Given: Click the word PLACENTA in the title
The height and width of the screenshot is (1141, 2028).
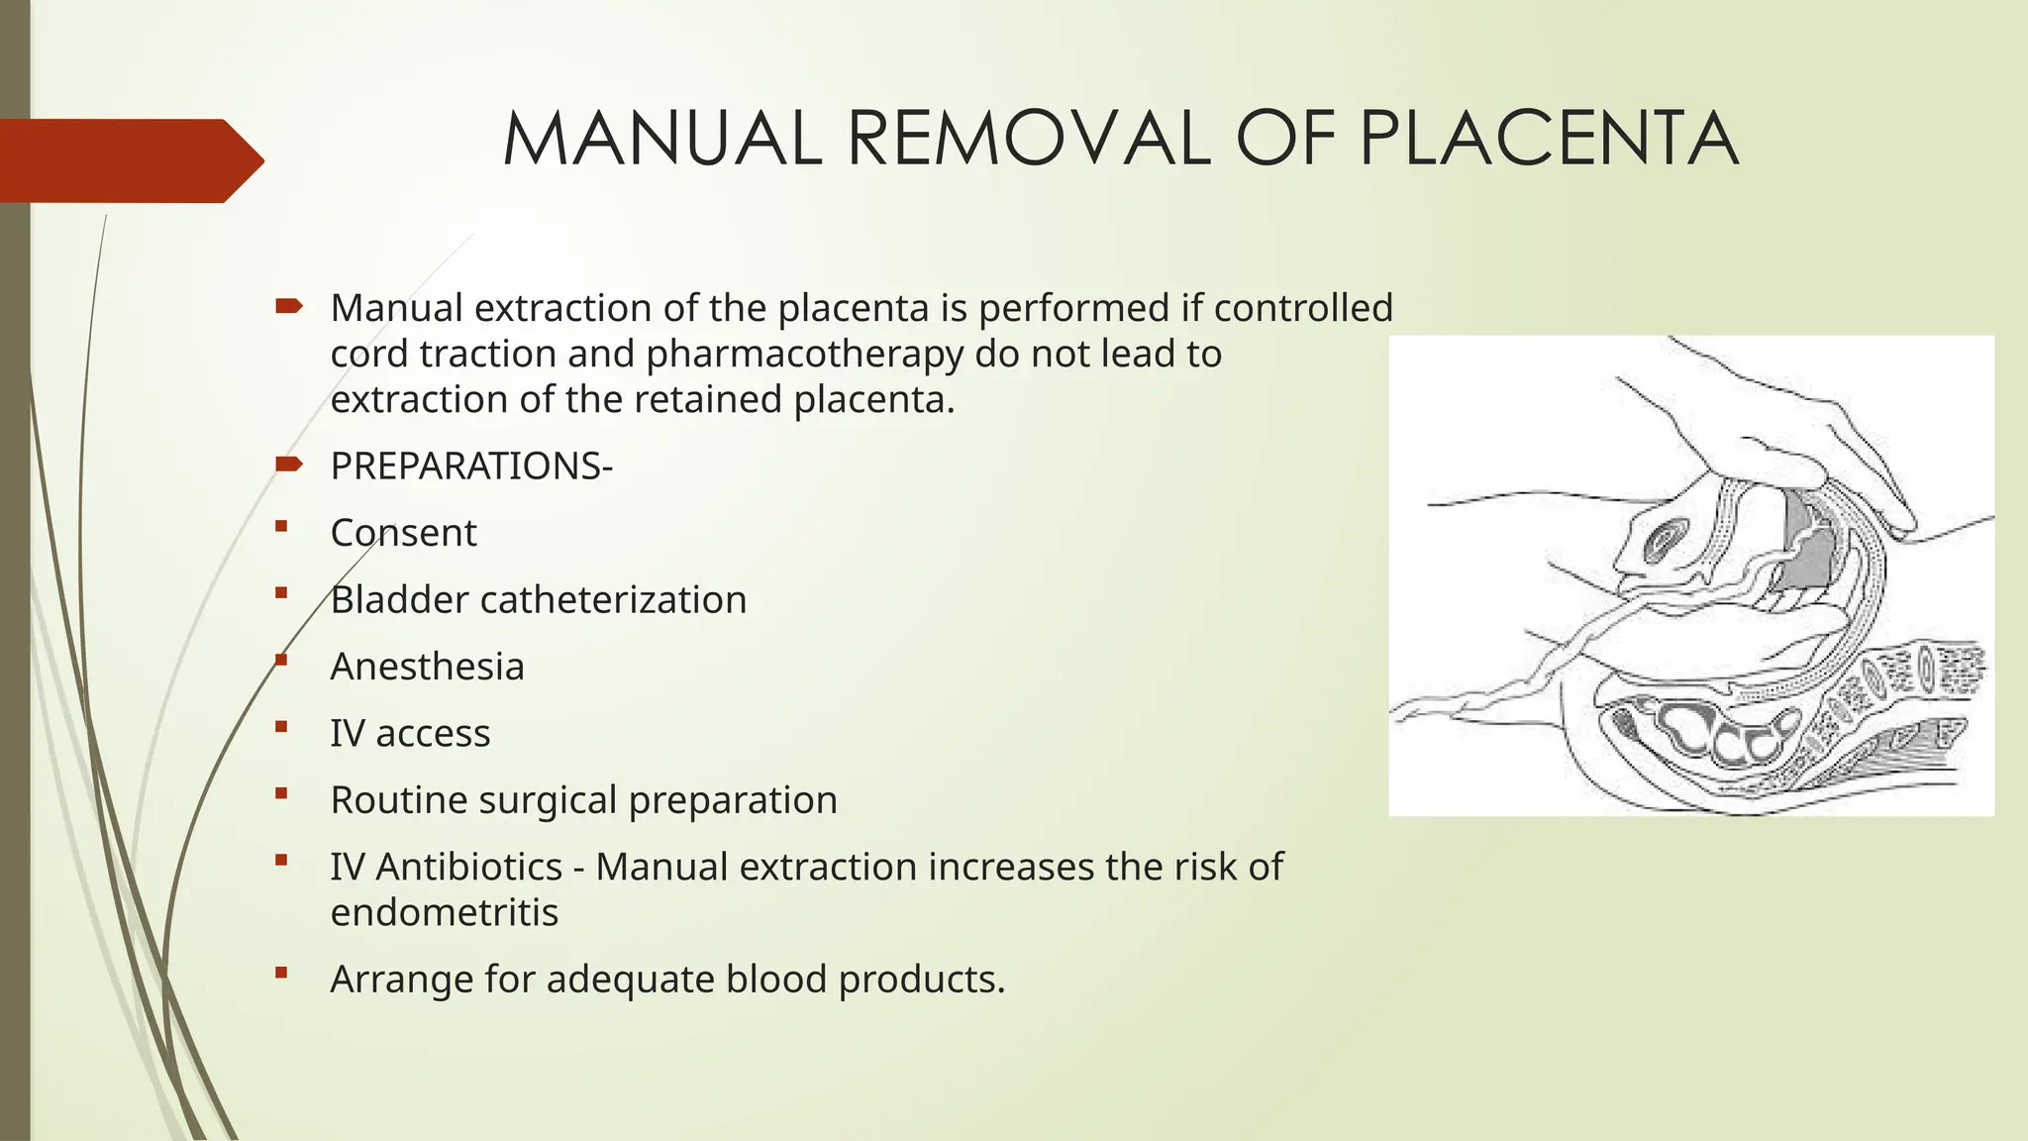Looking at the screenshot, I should click(x=1548, y=139).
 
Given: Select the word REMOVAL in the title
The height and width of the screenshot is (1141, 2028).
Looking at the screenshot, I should click(x=1030, y=139).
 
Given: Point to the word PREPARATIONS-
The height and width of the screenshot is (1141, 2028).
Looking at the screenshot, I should click(x=471, y=467).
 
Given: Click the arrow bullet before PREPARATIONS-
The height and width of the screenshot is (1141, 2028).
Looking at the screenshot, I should click(x=288, y=465).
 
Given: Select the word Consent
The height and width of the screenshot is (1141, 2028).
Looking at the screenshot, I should click(x=403, y=533).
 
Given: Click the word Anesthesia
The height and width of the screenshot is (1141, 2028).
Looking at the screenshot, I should click(x=427, y=667).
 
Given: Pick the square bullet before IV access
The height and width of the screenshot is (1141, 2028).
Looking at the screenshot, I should click(x=282, y=727).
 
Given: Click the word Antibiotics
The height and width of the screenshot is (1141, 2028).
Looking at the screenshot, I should click(x=469, y=867).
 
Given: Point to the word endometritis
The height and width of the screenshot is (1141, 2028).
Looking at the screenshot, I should click(x=444, y=912).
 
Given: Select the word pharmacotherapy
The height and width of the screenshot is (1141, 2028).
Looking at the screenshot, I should click(x=804, y=354).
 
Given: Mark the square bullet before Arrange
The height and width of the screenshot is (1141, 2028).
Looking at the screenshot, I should click(x=282, y=973).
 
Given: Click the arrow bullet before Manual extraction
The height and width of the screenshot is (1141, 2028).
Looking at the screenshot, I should click(x=288, y=307).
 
